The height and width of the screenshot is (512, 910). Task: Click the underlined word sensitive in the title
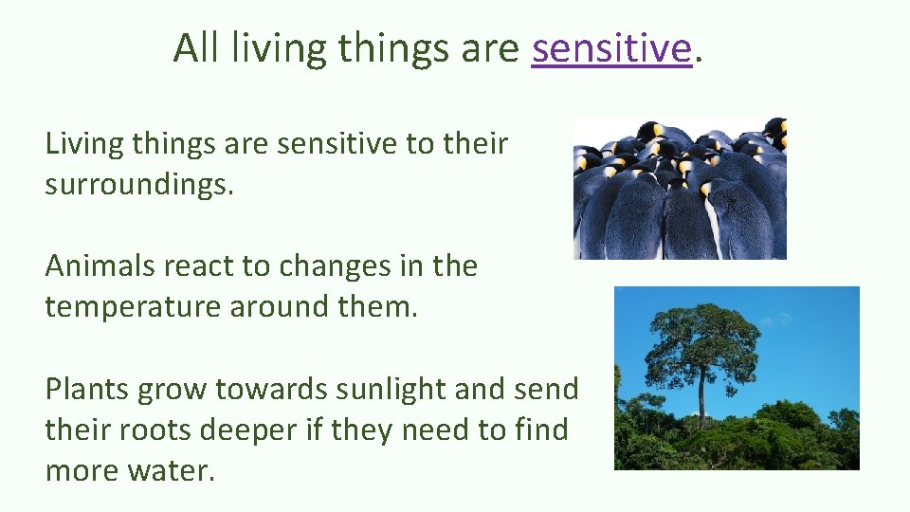tap(611, 47)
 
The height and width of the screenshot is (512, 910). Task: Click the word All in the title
tap(195, 47)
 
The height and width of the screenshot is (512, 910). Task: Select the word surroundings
tap(137, 184)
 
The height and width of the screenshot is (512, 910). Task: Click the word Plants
tap(87, 389)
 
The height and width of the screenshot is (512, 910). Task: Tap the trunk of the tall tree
tap(702, 398)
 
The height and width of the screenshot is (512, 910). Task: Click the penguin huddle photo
tap(680, 188)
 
